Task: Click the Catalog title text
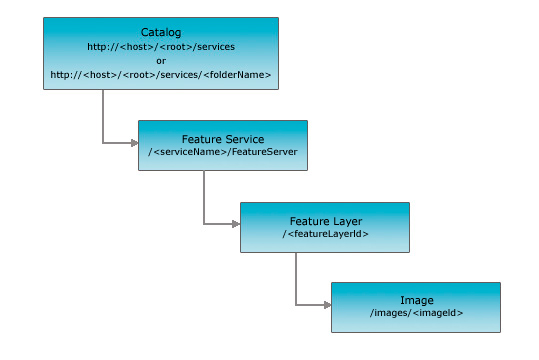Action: click(160, 32)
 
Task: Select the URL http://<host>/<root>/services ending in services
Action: click(160, 46)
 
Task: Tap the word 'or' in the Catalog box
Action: click(160, 60)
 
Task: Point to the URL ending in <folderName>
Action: click(160, 74)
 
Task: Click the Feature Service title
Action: click(222, 138)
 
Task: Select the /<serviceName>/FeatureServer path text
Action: click(222, 152)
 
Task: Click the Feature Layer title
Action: click(324, 220)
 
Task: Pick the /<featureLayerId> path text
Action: click(324, 234)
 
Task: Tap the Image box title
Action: click(416, 299)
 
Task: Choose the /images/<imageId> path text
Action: click(416, 313)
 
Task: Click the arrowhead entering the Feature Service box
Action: click(133, 143)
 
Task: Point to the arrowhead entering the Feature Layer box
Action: click(235, 224)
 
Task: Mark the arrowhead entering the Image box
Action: click(326, 304)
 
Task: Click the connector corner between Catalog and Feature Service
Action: click(103, 143)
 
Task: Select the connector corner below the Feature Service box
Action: click(204, 224)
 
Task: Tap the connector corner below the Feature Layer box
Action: click(296, 304)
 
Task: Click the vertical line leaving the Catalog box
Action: click(103, 115)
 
